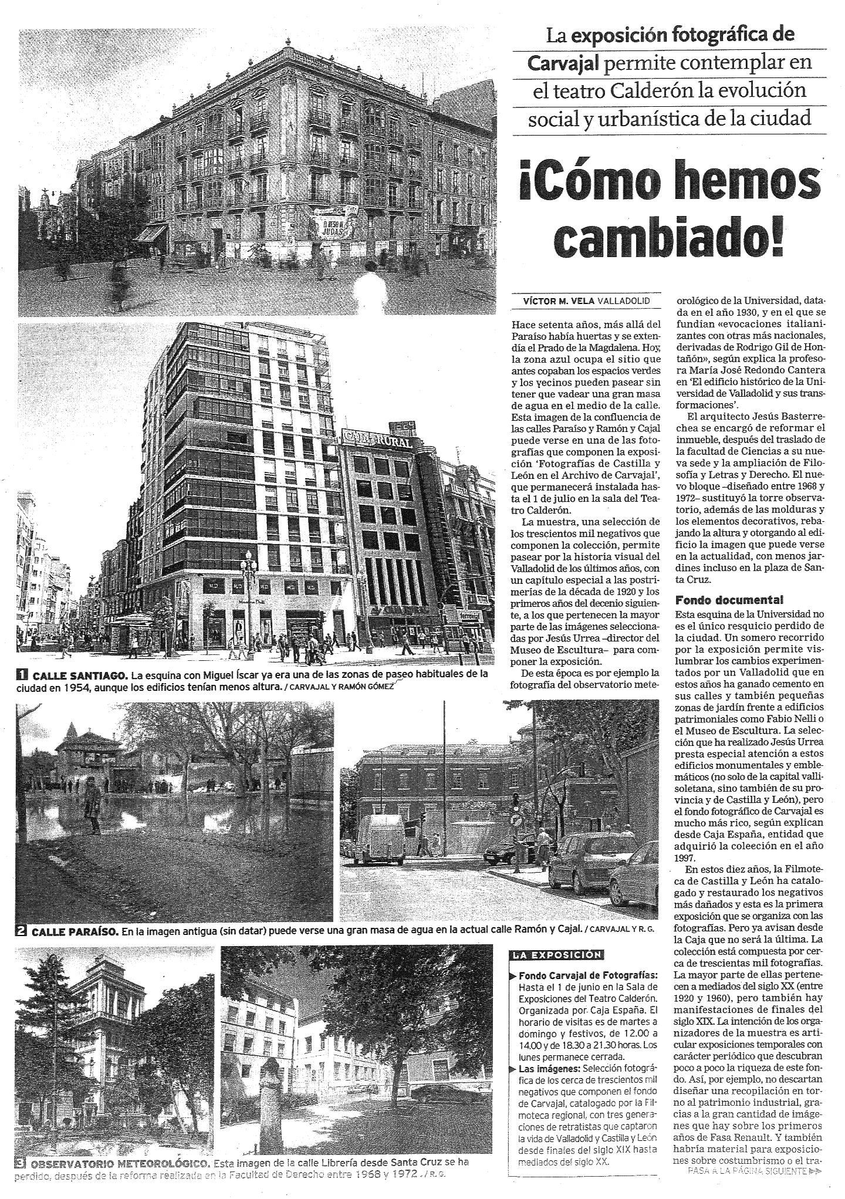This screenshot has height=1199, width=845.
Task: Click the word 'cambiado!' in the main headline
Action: tap(670, 239)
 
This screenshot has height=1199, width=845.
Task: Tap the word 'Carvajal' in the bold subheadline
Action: tap(563, 62)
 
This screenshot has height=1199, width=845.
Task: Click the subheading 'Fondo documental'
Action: tap(729, 600)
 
